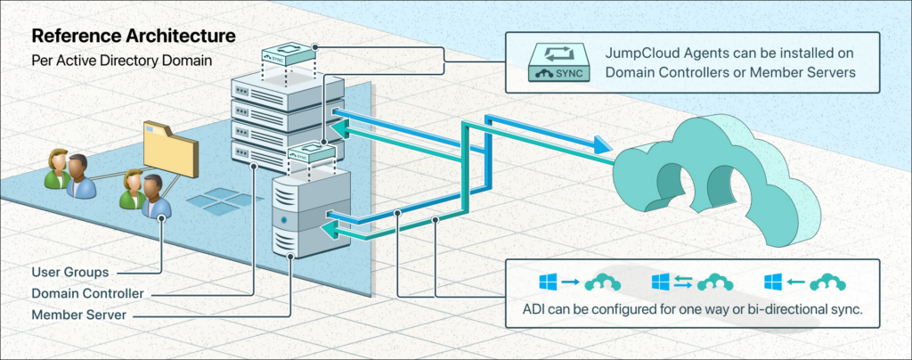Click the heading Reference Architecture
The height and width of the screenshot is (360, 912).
(x=134, y=37)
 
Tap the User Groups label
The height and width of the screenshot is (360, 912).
(x=70, y=271)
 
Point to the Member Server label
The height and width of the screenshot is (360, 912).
(x=78, y=315)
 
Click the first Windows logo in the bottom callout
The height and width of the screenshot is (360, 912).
(x=549, y=282)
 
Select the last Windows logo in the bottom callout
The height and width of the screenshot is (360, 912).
(x=772, y=282)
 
